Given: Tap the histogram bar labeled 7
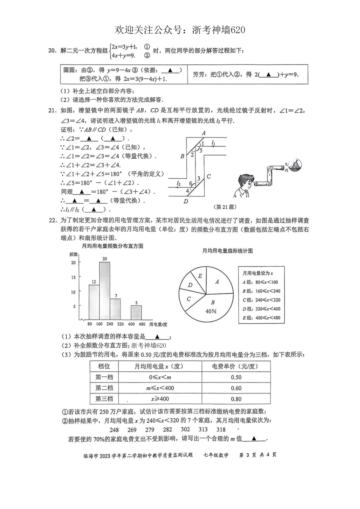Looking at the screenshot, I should (x=115, y=309).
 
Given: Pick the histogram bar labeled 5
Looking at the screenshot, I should (x=136, y=312).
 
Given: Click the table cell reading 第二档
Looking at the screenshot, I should (x=104, y=388).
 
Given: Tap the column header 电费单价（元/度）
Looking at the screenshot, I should (x=235, y=366).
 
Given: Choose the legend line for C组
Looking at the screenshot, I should (x=261, y=300).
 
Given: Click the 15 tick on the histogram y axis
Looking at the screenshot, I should (x=74, y=277).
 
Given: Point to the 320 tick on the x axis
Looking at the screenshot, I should (x=121, y=324).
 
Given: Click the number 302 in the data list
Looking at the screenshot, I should (x=185, y=429).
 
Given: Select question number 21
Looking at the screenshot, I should (x=52, y=111).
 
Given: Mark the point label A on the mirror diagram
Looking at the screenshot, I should (x=203, y=133).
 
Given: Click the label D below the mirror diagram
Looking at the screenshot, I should (x=186, y=201).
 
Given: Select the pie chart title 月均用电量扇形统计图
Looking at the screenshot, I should (x=227, y=251).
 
